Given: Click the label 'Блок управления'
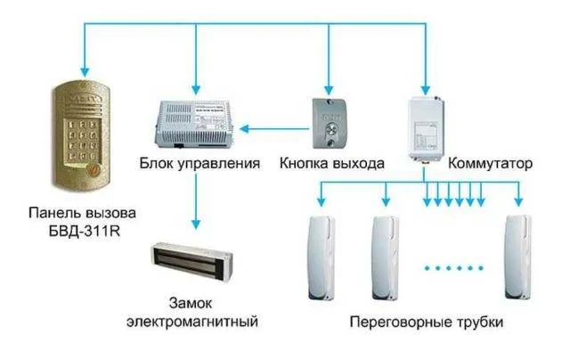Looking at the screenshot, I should (x=199, y=164).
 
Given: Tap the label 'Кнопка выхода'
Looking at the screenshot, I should (x=331, y=164).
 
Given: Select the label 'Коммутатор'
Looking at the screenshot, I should (x=491, y=164).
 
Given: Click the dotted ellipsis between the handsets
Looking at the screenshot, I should (x=452, y=266).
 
